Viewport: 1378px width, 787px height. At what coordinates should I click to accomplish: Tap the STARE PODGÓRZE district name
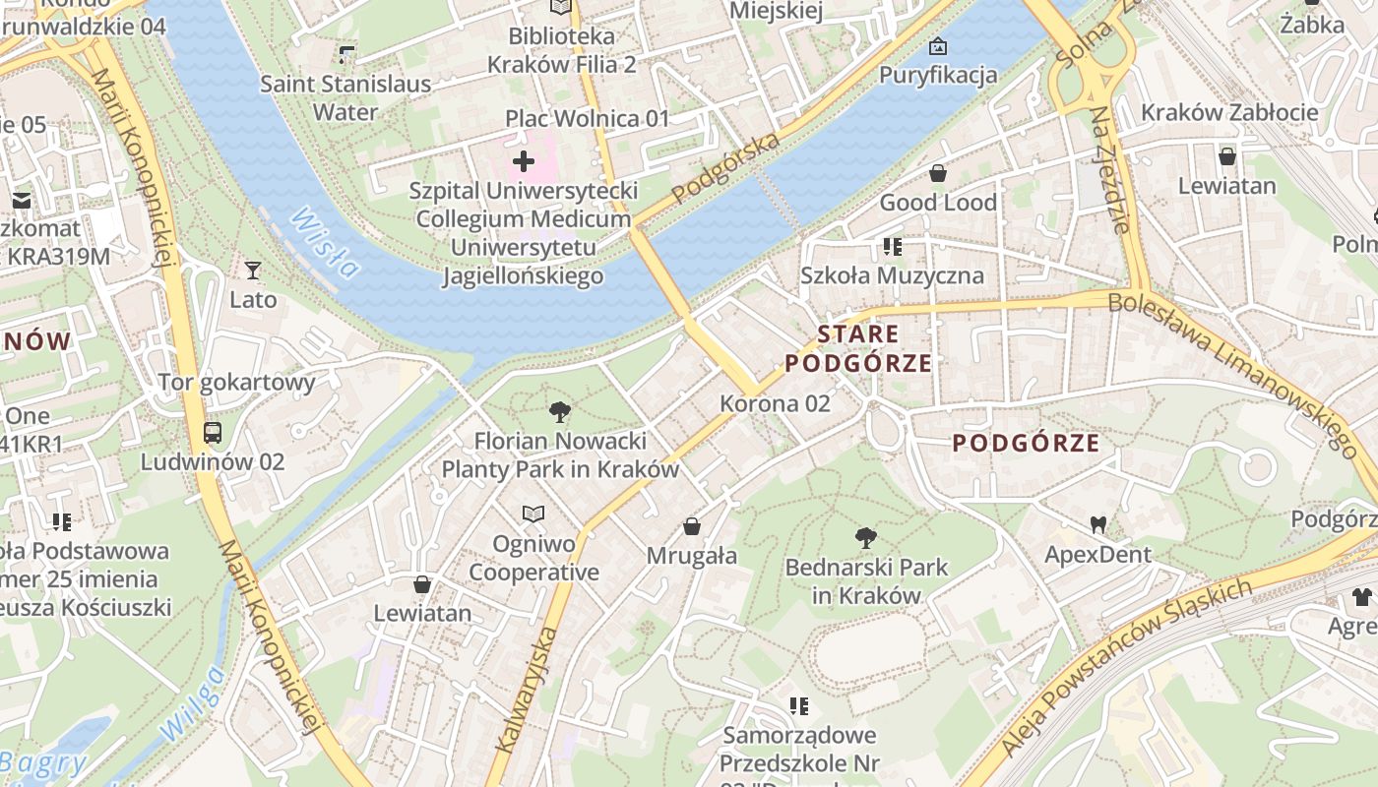pos(857,348)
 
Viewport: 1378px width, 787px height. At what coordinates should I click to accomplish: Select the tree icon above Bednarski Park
pos(866,537)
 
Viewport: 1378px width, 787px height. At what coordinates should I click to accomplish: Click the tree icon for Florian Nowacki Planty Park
pos(560,411)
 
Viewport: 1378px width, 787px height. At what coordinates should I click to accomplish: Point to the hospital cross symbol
pos(524,160)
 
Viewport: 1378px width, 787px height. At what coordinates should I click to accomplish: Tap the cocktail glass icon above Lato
pos(253,270)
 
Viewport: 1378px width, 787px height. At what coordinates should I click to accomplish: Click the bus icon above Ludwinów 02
pos(212,432)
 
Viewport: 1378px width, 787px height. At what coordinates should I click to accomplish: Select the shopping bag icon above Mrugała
pos(692,526)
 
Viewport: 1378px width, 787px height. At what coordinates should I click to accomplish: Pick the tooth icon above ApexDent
pos(1097,525)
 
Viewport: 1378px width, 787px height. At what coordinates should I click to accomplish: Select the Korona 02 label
pos(775,403)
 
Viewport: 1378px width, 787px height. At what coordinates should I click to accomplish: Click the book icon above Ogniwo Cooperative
pos(533,515)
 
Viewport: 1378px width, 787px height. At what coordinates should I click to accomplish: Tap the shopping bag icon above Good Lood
pos(938,173)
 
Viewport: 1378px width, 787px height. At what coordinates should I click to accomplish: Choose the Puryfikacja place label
pos(938,75)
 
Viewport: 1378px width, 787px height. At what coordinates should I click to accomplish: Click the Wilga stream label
pos(191,703)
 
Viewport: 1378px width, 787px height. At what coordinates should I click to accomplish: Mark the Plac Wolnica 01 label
pos(587,119)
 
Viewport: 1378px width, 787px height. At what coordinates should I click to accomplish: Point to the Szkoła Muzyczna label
pos(892,275)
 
